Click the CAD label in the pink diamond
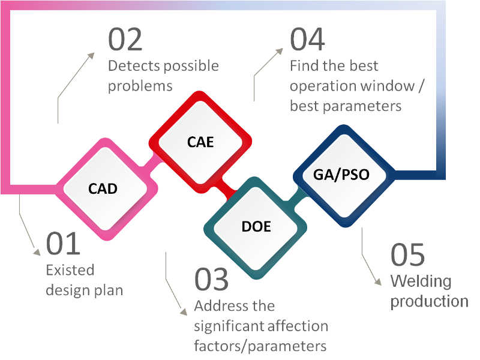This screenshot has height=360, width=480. (103, 188)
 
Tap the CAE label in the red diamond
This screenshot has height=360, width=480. (200, 142)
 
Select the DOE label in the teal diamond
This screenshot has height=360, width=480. (256, 227)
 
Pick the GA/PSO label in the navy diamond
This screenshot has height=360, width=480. (341, 175)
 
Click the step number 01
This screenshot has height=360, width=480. (63, 244)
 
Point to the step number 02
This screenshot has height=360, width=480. (125, 40)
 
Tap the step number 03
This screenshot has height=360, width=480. (212, 279)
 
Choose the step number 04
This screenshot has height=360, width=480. (307, 39)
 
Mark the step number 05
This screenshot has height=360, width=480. (408, 254)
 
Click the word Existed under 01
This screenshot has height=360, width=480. (70, 270)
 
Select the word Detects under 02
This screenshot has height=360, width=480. (134, 66)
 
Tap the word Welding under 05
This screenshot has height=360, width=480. (421, 281)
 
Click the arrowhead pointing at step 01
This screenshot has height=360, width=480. (37, 252)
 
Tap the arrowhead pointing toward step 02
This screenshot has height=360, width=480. (91, 56)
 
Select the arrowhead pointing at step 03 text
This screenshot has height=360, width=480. (184, 312)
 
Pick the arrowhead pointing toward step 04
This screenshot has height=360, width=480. (280, 52)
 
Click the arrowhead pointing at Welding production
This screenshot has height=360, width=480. (379, 282)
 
